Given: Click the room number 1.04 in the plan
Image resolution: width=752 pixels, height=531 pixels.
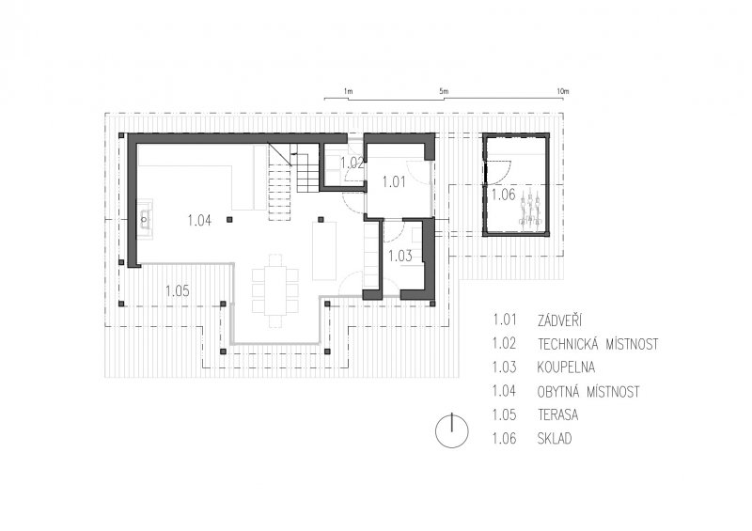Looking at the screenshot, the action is [x=199, y=221].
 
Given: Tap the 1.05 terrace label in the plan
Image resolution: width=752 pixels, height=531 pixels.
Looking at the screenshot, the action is [x=178, y=291].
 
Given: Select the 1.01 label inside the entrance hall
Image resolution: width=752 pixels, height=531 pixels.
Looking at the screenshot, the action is [x=394, y=181].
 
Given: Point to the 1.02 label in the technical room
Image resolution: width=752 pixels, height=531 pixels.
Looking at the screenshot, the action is [x=352, y=164].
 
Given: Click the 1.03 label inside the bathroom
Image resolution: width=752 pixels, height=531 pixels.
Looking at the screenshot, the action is [x=400, y=257].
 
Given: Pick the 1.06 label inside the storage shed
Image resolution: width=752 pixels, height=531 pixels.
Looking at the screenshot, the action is [x=504, y=195].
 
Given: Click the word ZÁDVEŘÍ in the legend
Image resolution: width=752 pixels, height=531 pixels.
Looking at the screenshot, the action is [x=559, y=320].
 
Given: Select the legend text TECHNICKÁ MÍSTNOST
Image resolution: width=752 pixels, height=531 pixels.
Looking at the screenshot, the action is [x=598, y=344].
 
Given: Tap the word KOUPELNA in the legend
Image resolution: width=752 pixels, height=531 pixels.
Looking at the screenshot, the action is [x=567, y=367].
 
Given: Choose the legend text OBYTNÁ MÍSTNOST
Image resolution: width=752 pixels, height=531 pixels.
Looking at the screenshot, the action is [x=589, y=392].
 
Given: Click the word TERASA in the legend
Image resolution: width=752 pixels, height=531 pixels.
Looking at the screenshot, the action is [x=557, y=414].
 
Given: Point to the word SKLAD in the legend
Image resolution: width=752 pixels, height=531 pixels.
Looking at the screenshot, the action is [x=555, y=438].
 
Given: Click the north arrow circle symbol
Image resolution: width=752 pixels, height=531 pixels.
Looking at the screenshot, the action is [x=452, y=430].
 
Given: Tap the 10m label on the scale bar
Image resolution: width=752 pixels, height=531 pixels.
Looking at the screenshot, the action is [x=563, y=91].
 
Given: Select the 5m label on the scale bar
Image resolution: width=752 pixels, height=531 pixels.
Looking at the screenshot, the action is [x=444, y=91].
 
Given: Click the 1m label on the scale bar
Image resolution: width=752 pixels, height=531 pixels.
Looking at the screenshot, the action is [x=348, y=91].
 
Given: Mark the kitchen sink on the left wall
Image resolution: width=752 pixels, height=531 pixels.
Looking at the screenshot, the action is [x=146, y=220].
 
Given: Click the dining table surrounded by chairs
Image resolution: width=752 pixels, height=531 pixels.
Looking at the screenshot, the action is [x=275, y=290].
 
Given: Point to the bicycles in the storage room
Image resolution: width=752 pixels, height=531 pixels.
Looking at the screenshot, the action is [x=530, y=208].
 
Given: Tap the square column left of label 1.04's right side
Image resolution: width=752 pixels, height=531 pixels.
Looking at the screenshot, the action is [x=229, y=220].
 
